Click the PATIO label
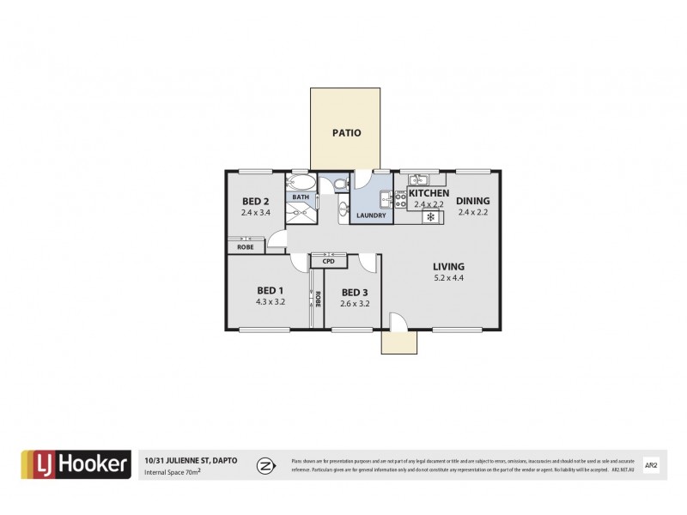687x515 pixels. [346, 133]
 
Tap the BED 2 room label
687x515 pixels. [255, 203]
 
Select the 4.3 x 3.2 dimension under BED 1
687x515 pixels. [270, 301]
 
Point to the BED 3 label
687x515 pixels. [354, 292]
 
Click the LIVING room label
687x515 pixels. [449, 266]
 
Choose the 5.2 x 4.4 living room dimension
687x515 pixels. [449, 278]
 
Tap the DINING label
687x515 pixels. [472, 201]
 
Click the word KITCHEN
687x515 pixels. [429, 194]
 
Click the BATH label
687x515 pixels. [300, 197]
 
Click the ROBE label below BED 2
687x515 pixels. [246, 247]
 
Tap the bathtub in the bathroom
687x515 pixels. [301, 182]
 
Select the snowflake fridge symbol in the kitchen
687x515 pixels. [431, 217]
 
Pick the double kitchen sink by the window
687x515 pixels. [418, 179]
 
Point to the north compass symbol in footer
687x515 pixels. [265, 465]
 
